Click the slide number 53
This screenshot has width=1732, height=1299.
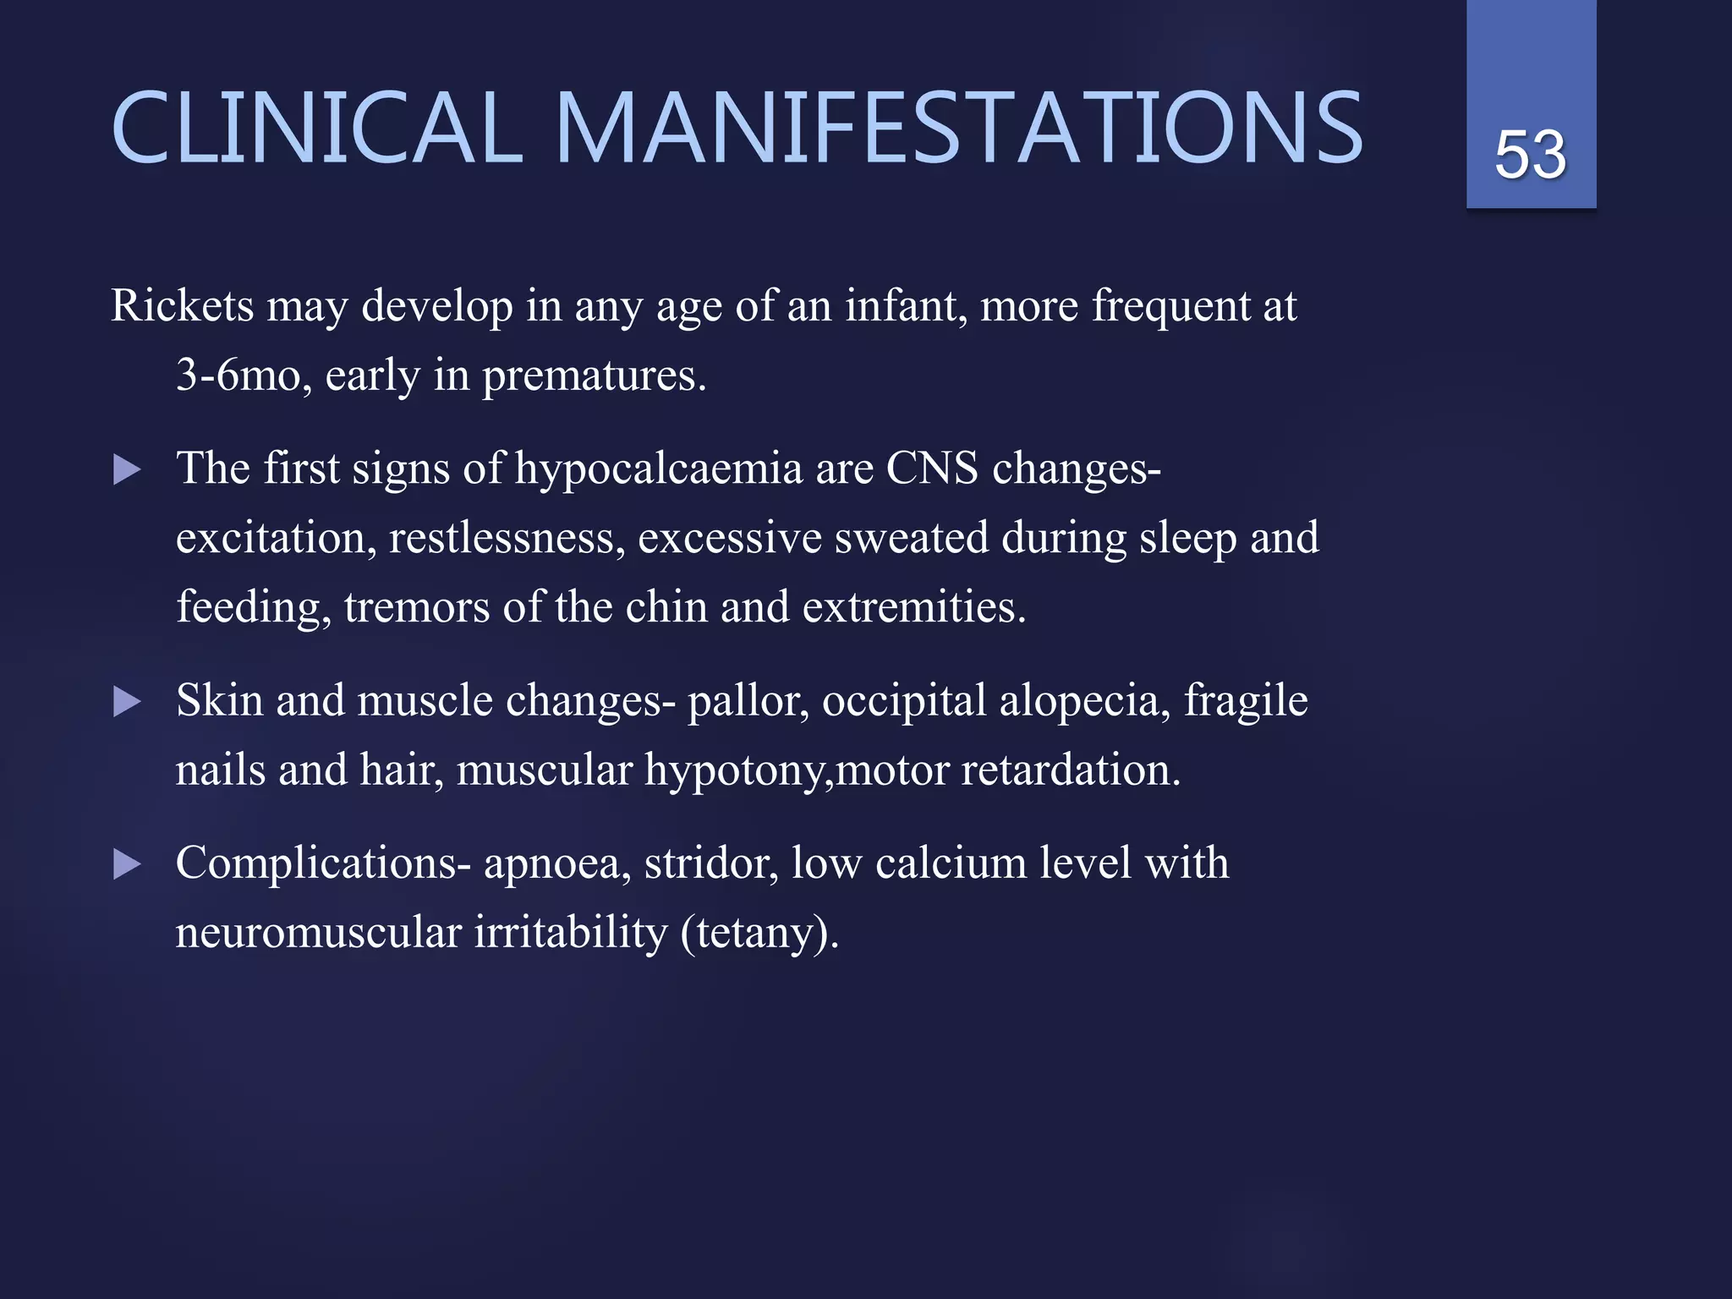point(1530,156)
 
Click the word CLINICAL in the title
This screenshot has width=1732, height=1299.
point(316,129)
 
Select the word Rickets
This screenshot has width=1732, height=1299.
point(182,305)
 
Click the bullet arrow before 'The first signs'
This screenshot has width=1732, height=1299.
point(127,470)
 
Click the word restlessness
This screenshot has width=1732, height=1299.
point(506,539)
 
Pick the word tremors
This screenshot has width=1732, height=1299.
point(416,608)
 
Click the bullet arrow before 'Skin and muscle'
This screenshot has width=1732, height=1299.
point(127,702)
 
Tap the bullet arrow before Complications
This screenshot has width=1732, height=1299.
point(127,864)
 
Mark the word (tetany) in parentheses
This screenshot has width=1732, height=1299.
point(759,934)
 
